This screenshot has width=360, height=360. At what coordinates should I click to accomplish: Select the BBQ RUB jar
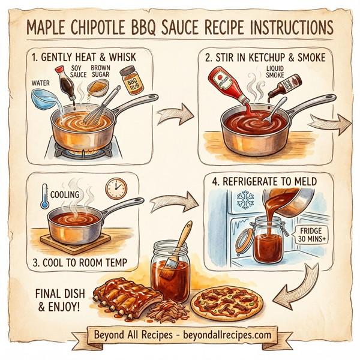click(128, 80)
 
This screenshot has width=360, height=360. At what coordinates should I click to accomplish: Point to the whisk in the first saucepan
click(95, 111)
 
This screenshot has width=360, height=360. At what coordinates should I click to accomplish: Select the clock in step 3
click(116, 189)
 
